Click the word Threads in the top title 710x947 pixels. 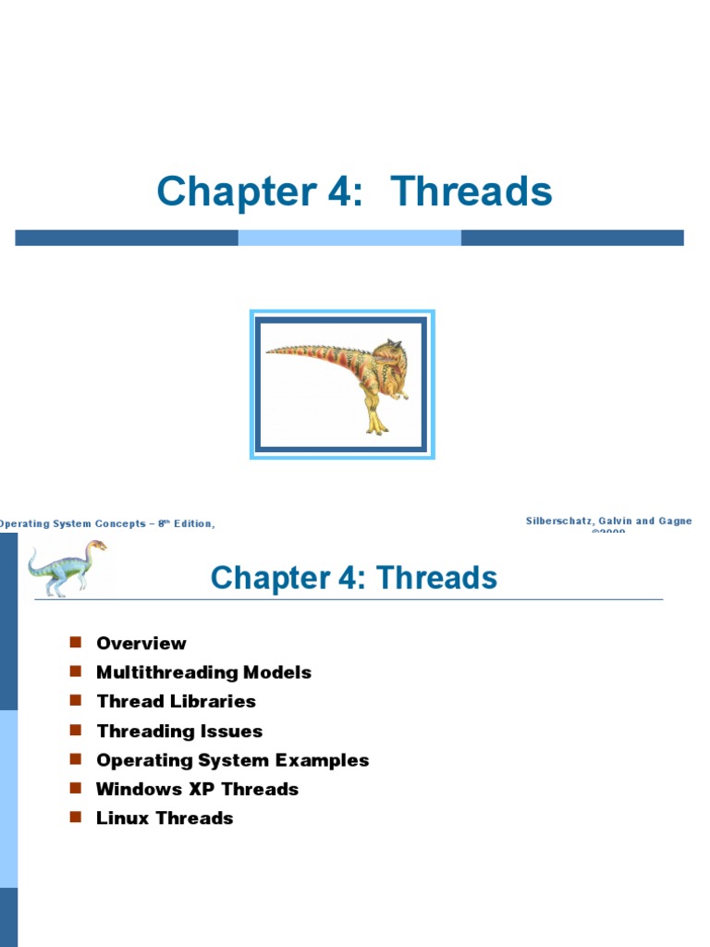pyautogui.click(x=471, y=191)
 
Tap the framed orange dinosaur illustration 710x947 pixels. pyautogui.click(x=342, y=385)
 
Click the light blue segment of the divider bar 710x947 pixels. pyautogui.click(x=349, y=238)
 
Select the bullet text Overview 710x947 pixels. pyautogui.click(x=141, y=644)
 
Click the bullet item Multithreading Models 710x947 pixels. pyautogui.click(x=203, y=672)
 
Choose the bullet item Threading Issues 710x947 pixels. pyautogui.click(x=179, y=731)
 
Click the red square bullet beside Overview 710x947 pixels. pyautogui.click(x=77, y=643)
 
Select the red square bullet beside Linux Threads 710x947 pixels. pyautogui.click(x=77, y=818)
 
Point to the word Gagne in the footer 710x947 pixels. pyautogui.click(x=673, y=522)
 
